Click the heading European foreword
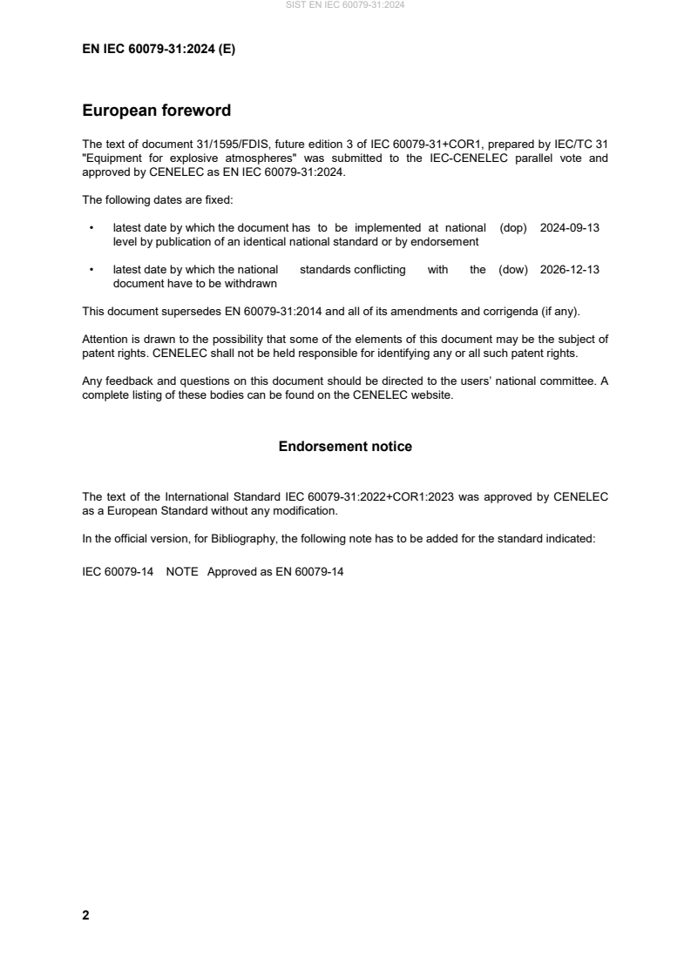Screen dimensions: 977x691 pos(156,111)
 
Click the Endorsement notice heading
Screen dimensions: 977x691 pos(345,447)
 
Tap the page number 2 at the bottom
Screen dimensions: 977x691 pos(85,915)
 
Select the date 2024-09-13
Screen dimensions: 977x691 pos(570,228)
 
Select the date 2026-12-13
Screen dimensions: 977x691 pos(570,270)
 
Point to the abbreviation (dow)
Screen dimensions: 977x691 pos(513,270)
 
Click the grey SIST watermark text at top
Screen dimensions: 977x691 pos(345,5)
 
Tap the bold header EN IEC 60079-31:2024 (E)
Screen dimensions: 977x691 pos(159,50)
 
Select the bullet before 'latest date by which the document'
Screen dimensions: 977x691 pos(91,228)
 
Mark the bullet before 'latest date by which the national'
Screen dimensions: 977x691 pos(91,270)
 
